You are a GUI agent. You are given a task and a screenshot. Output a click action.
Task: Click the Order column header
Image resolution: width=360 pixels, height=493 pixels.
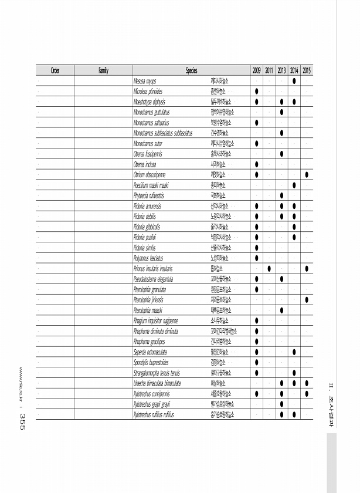[55, 71]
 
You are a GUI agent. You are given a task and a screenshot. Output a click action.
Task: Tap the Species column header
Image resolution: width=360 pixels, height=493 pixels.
[191, 71]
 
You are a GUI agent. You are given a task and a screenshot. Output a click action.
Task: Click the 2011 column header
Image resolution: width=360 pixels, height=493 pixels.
[269, 71]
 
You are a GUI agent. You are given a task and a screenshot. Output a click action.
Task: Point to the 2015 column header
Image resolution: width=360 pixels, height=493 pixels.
[307, 71]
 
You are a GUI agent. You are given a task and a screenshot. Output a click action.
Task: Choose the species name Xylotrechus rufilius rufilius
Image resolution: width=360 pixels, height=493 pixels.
[155, 414]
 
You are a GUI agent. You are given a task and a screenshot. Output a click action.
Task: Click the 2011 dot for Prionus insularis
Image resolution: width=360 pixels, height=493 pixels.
[269, 268]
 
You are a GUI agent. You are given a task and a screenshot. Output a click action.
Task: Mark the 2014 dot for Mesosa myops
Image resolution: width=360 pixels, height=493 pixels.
[294, 81]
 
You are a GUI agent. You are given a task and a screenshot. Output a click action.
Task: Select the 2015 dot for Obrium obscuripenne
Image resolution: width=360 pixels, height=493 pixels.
[307, 174]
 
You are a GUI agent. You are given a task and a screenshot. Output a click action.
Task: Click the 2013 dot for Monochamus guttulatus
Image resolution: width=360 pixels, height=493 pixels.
[282, 112]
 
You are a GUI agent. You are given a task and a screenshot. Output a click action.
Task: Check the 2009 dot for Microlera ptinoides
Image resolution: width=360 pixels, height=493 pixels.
[257, 92]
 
